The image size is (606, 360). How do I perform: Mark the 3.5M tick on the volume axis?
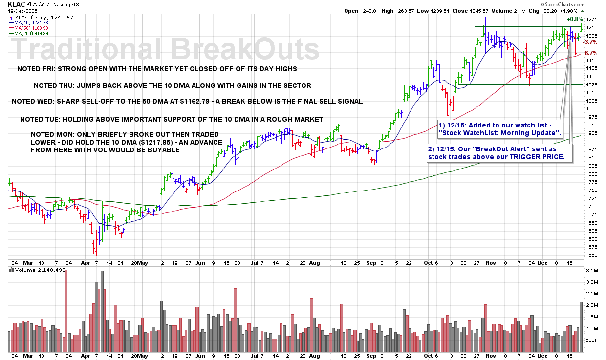tap(591, 270)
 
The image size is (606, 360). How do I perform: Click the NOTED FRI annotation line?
tap(156, 69)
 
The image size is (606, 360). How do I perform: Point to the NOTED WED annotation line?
tap(187, 102)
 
